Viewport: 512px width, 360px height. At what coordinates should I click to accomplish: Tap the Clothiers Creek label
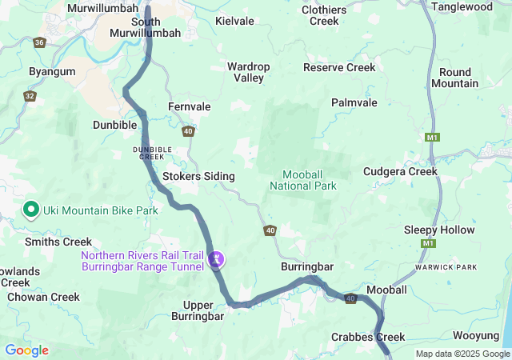pyautogui.click(x=324, y=15)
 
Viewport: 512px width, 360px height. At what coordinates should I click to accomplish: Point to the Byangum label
pyautogui.click(x=52, y=71)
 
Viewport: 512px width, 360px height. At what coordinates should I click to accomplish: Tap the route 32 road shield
pyautogui.click(x=30, y=96)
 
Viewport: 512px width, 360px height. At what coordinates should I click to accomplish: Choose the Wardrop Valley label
pyautogui.click(x=249, y=72)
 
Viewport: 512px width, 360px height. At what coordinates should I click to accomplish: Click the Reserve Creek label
pyautogui.click(x=339, y=67)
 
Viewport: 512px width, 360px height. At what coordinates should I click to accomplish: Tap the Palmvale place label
pyautogui.click(x=354, y=103)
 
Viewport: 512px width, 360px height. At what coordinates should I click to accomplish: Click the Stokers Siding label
pyautogui.click(x=198, y=176)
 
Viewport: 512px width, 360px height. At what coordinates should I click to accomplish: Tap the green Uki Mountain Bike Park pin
pyautogui.click(x=31, y=209)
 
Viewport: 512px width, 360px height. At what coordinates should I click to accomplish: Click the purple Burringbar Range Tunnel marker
pyautogui.click(x=216, y=259)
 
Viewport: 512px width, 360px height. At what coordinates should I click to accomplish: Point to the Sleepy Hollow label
pyautogui.click(x=439, y=230)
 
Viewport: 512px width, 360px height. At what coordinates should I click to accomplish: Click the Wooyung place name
pyautogui.click(x=477, y=337)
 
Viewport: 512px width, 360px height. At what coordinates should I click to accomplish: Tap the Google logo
pyautogui.click(x=26, y=350)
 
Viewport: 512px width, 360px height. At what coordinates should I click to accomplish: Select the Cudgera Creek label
pyautogui.click(x=400, y=171)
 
